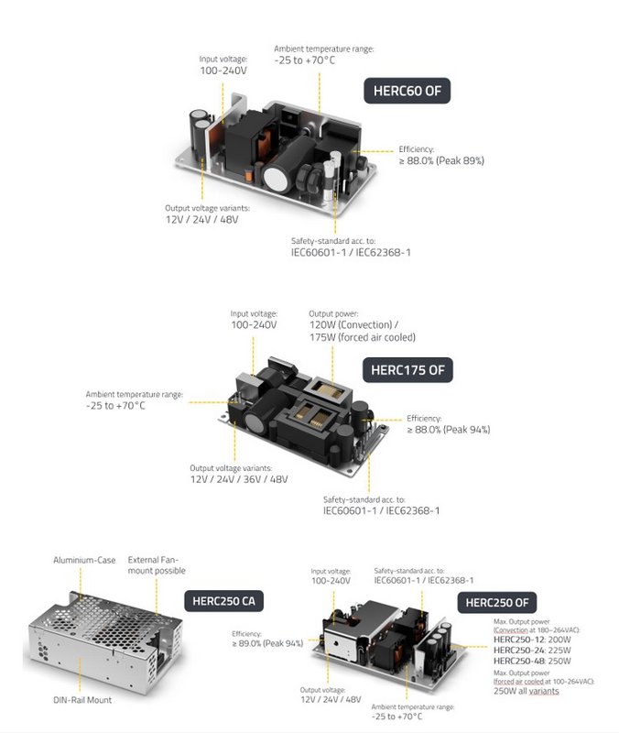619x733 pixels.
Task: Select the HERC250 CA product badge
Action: tap(223, 601)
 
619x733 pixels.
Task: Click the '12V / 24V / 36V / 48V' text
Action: tap(239, 479)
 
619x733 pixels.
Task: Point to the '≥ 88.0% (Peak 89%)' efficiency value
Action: tap(440, 160)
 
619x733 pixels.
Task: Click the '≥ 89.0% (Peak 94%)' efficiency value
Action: tap(267, 643)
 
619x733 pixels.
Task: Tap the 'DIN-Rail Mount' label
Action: tap(82, 700)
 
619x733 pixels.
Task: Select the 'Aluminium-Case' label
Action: tap(84, 560)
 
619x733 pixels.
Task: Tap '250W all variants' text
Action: tap(526, 691)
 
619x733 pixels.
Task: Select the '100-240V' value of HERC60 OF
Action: tap(223, 70)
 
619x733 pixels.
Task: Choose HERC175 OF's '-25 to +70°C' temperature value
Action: tap(116, 405)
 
